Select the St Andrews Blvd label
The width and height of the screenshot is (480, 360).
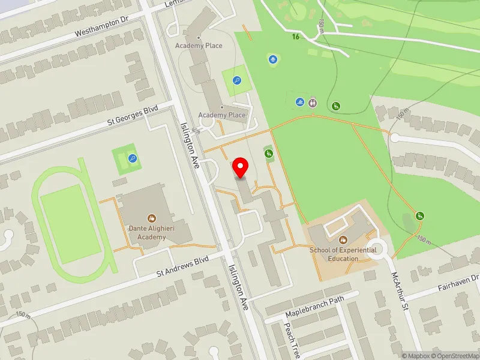(x=182, y=266)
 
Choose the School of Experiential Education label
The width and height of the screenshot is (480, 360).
(x=343, y=254)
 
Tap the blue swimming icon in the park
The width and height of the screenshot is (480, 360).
(x=299, y=102)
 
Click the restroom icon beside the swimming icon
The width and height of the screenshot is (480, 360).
(x=313, y=102)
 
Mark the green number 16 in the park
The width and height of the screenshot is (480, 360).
(x=295, y=37)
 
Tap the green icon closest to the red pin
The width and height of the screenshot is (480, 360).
(x=268, y=154)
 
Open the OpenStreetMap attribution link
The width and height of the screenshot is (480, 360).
(x=455, y=356)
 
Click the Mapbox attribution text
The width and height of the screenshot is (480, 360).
(x=416, y=356)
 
